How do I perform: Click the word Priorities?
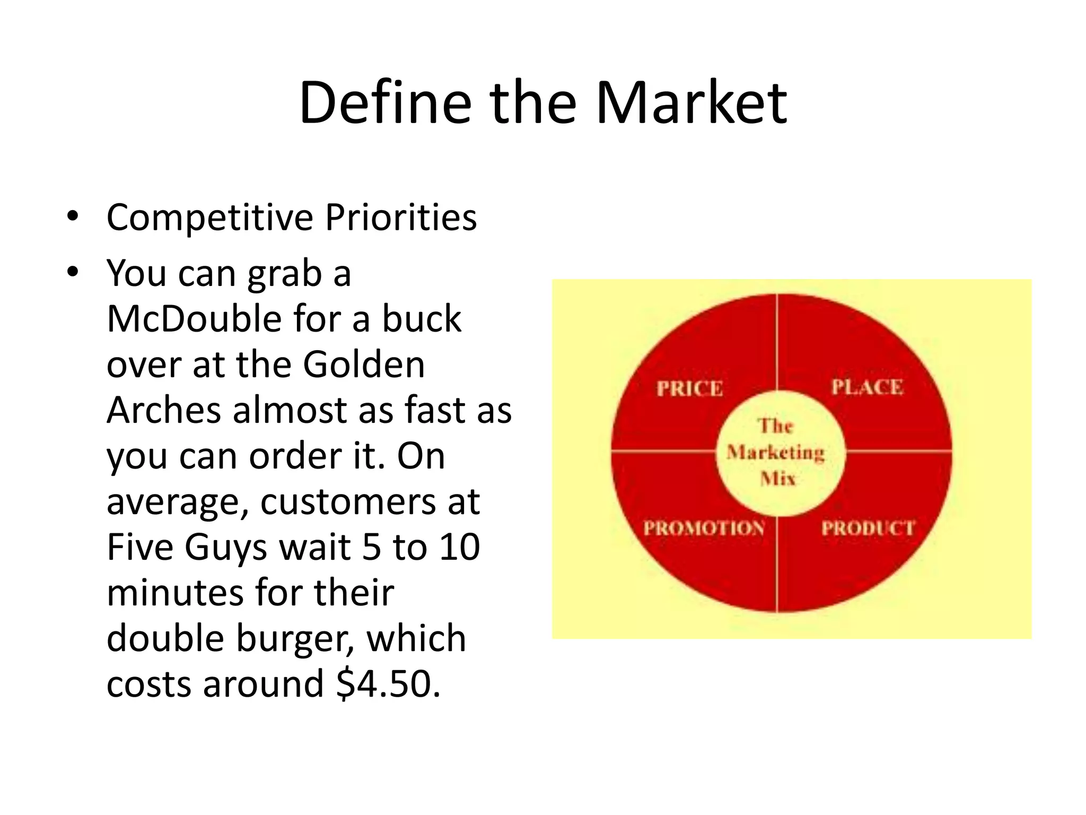click(x=401, y=218)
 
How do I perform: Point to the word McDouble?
click(x=194, y=319)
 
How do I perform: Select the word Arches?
click(x=163, y=411)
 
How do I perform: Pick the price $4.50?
click(x=388, y=684)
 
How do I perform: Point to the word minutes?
click(x=174, y=593)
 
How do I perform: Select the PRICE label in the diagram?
click(x=689, y=389)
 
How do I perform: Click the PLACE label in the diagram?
click(x=867, y=387)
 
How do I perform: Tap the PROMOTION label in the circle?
click(x=704, y=528)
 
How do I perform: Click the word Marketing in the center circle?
click(x=776, y=453)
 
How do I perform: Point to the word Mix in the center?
click(x=778, y=479)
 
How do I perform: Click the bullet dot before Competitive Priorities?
click(x=73, y=216)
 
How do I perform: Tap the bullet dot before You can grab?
click(x=73, y=272)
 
